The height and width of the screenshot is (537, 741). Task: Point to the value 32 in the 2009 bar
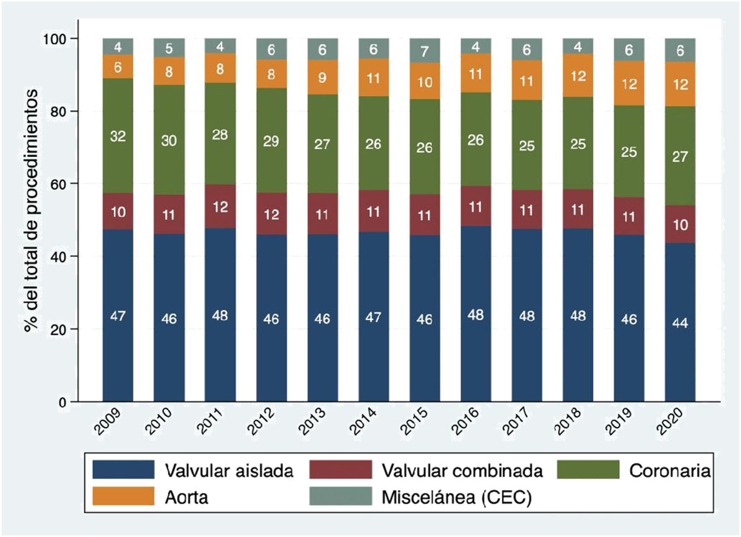pyautogui.click(x=118, y=136)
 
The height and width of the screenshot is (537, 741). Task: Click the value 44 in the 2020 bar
pyautogui.click(x=680, y=323)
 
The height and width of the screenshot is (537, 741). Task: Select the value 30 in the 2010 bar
pyautogui.click(x=169, y=141)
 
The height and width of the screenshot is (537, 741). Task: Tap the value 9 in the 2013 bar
pyautogui.click(x=322, y=78)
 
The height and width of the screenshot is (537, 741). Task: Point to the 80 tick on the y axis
pyautogui.click(x=59, y=111)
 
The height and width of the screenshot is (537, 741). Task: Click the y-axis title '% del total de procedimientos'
pyautogui.click(x=32, y=211)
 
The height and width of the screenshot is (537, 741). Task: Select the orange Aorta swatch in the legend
pyautogui.click(x=123, y=496)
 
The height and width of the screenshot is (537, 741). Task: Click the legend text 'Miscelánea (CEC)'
pyautogui.click(x=456, y=497)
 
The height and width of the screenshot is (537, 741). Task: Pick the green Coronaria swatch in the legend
pyautogui.click(x=588, y=469)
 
